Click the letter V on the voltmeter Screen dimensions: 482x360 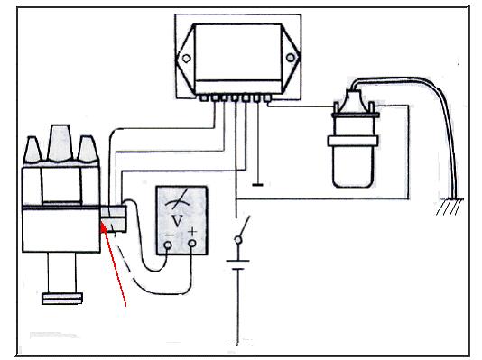(x=178, y=220)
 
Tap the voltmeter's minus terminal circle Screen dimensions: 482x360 (x=168, y=245)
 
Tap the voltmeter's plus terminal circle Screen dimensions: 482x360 (x=192, y=244)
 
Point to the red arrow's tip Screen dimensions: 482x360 (x=102, y=224)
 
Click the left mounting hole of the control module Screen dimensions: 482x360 (x=186, y=59)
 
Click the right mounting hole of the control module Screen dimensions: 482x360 (x=290, y=58)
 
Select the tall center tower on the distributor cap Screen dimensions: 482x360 (x=60, y=143)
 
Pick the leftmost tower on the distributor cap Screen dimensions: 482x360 (x=32, y=150)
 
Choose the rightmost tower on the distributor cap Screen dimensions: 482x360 (x=88, y=149)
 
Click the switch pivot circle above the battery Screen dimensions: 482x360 (x=238, y=239)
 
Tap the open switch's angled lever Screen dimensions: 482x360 (x=245, y=226)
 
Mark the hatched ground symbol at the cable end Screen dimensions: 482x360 (x=450, y=207)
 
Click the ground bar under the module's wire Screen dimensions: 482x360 (x=257, y=185)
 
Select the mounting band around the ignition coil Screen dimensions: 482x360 (x=353, y=141)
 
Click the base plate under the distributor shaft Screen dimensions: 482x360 (x=62, y=299)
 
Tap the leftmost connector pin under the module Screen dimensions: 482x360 (x=203, y=98)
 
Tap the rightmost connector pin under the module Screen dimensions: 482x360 (x=268, y=98)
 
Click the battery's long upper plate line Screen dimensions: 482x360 (x=237, y=262)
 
